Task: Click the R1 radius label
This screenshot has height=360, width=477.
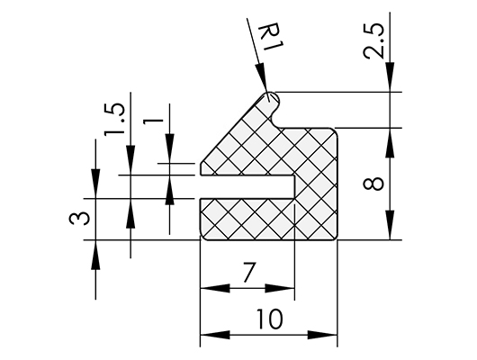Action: pyautogui.click(x=271, y=38)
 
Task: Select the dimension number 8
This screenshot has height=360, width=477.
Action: pyautogui.click(x=373, y=184)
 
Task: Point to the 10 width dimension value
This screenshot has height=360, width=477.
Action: pyautogui.click(x=269, y=319)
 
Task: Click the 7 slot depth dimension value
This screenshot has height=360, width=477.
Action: pyautogui.click(x=248, y=272)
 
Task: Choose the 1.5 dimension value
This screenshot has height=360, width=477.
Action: pyautogui.click(x=114, y=120)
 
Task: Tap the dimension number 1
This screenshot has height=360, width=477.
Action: pyautogui.click(x=154, y=121)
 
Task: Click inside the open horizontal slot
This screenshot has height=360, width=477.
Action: pyautogui.click(x=247, y=187)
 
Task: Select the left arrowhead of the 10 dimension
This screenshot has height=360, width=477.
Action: pyautogui.click(x=215, y=335)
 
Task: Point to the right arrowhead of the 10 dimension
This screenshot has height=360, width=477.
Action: pyautogui.click(x=323, y=335)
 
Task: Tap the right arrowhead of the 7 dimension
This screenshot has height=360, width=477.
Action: pyautogui.click(x=280, y=288)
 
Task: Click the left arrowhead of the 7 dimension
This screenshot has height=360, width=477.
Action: pyautogui.click(x=215, y=288)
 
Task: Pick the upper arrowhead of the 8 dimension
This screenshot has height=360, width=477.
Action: pyautogui.click(x=390, y=143)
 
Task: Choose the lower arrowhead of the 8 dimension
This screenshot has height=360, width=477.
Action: pyautogui.click(x=390, y=225)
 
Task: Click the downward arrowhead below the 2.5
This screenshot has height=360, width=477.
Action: pyautogui.click(x=390, y=77)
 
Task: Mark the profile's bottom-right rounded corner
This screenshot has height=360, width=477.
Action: pyautogui.click(x=334, y=238)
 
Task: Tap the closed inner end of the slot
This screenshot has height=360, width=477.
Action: pyautogui.click(x=294, y=187)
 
